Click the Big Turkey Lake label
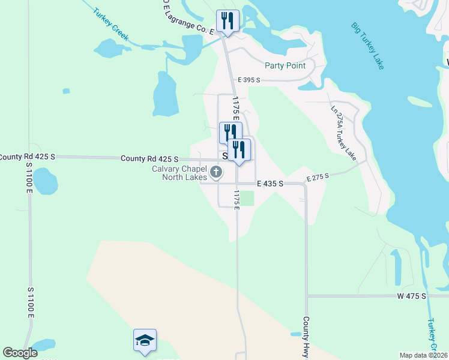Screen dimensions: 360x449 (367, 46)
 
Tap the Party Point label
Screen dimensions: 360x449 (285, 65)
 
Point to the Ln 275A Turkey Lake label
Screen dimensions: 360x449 (344, 133)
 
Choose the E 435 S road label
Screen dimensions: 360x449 (270, 184)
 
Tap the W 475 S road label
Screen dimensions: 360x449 (411, 296)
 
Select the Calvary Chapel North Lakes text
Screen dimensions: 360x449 (178, 173)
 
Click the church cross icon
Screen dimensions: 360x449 (216, 174)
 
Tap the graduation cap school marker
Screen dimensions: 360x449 (145, 340)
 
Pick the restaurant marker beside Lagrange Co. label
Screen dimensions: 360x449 (228, 21)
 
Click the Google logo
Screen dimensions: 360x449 (20, 353)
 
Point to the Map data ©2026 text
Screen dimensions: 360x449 (423, 355)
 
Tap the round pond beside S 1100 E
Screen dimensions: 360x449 (43, 181)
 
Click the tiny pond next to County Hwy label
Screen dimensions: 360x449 (295, 333)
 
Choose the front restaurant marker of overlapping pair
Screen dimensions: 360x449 (239, 150)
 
